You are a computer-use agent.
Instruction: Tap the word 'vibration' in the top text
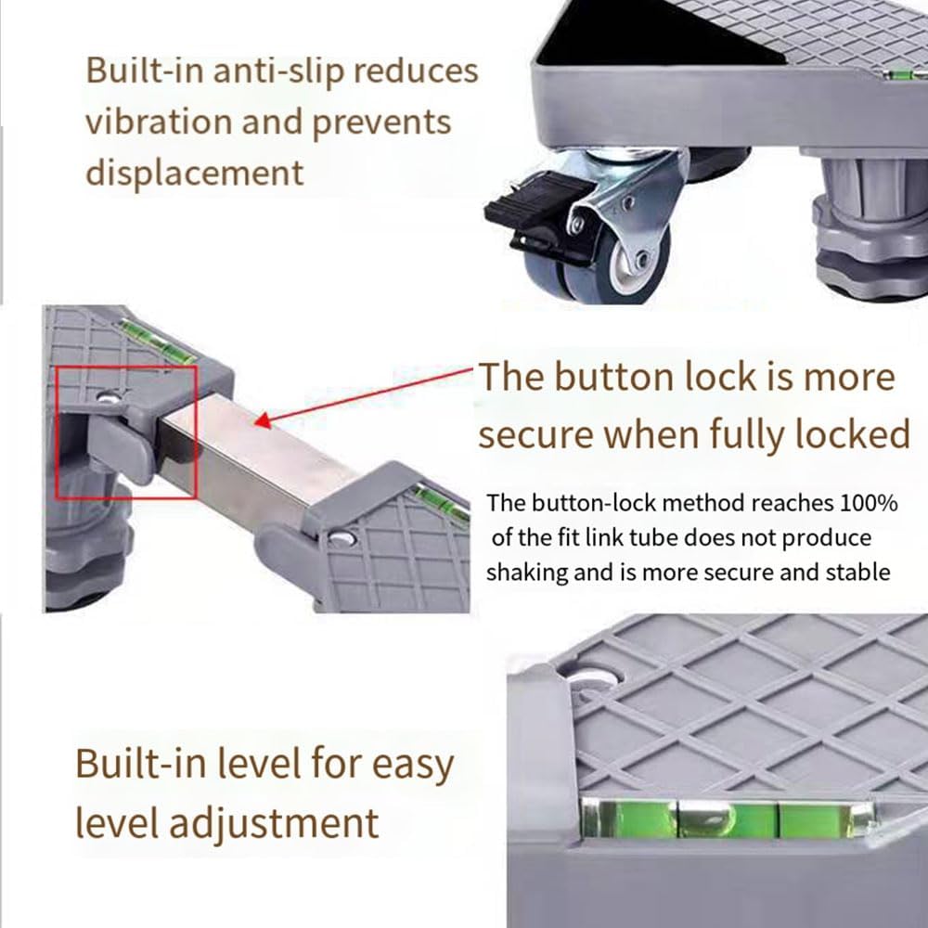point(158,122)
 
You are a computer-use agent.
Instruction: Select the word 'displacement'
point(195,173)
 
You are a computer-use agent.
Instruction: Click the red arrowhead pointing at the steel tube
point(264,420)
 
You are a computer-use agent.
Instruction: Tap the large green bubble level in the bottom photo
point(727,818)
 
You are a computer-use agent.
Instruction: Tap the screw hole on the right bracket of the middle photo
point(342,536)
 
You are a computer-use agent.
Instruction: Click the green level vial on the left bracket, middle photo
point(158,341)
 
